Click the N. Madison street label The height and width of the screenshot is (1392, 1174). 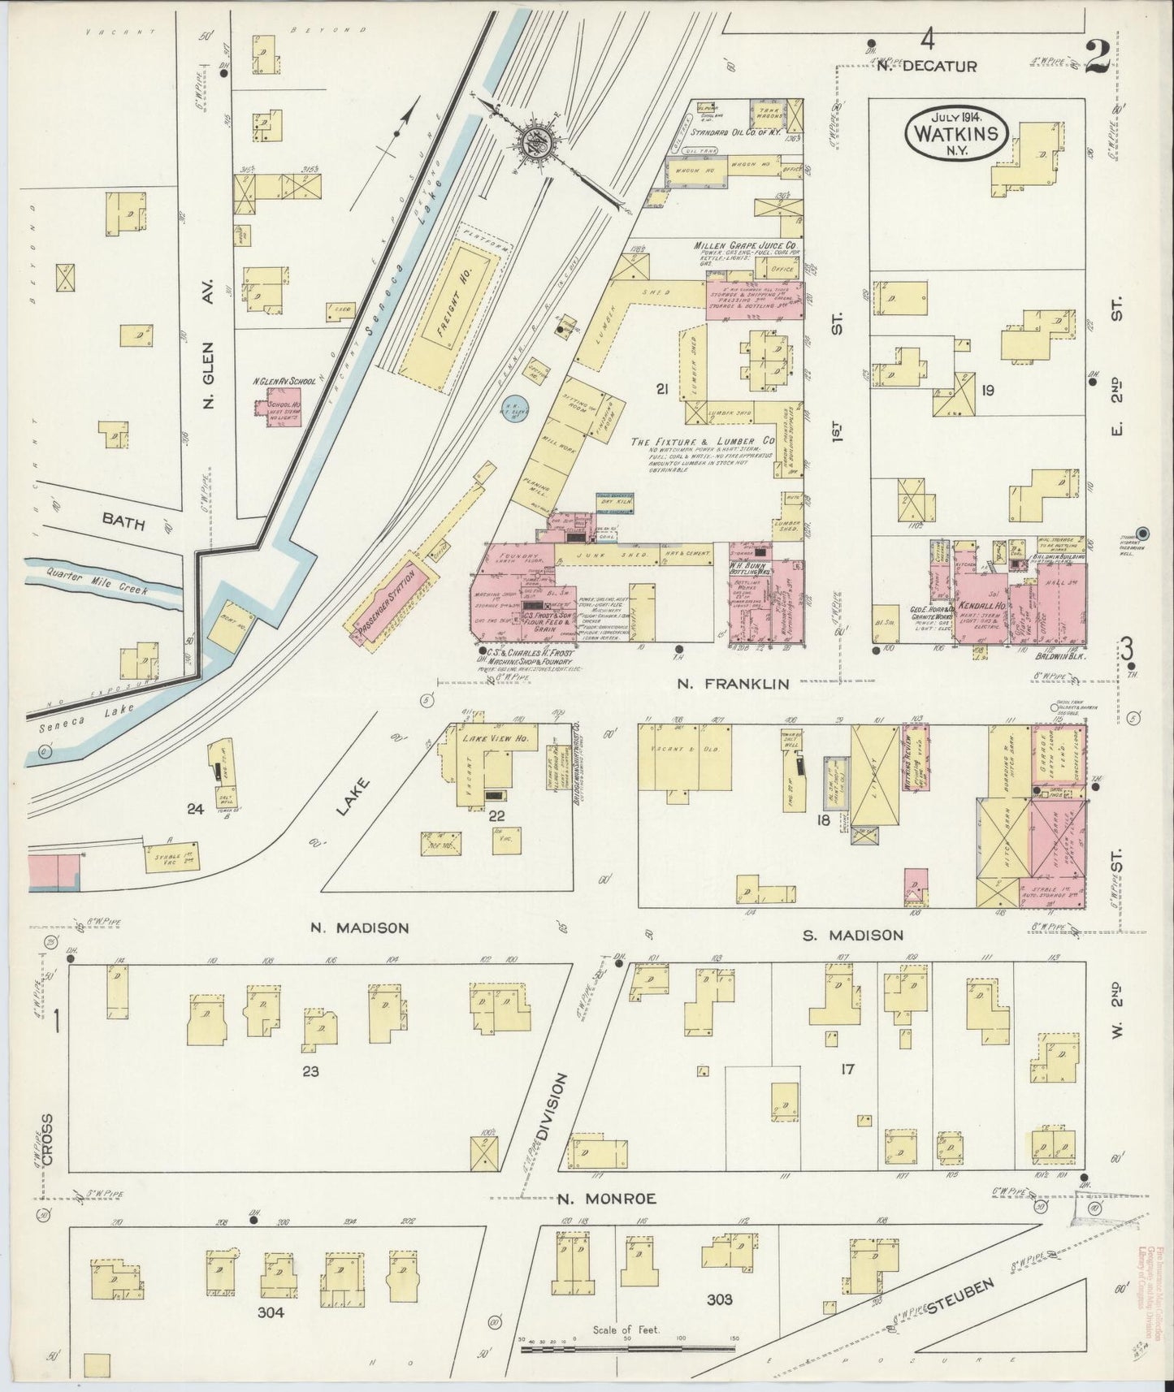tap(361, 927)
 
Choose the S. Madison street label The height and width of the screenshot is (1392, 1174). tap(852, 935)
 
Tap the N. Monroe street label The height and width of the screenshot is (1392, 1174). tap(608, 1198)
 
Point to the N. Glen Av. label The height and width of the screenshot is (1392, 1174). tap(206, 347)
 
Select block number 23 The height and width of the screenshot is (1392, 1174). tap(310, 1071)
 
